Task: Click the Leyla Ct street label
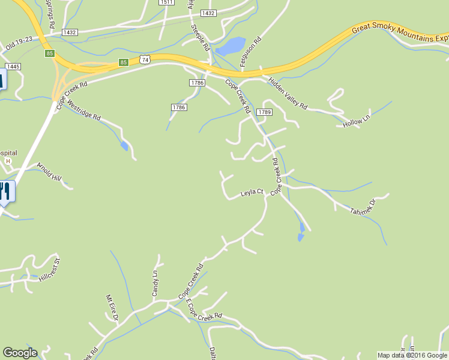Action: click(252, 193)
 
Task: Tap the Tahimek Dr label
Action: click(362, 205)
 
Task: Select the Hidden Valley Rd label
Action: click(288, 94)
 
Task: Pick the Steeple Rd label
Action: click(200, 36)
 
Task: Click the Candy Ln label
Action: click(155, 283)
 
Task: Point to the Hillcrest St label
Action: click(50, 269)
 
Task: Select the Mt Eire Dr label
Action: click(112, 307)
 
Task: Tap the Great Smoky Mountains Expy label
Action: click(400, 35)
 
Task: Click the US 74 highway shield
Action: click(144, 59)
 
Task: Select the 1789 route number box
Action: click(265, 112)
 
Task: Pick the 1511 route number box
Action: click(167, 2)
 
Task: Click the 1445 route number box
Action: click(12, 65)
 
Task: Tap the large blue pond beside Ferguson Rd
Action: click(231, 46)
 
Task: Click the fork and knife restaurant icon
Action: click(5, 192)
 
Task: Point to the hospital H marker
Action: click(8, 161)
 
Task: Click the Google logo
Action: click(20, 353)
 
